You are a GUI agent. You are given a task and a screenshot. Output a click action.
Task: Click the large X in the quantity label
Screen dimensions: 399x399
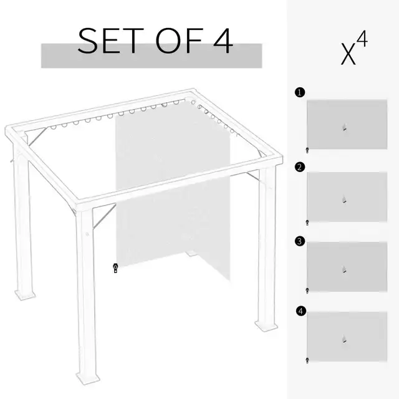click(x=349, y=54)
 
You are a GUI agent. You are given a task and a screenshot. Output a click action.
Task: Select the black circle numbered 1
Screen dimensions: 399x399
click(x=300, y=92)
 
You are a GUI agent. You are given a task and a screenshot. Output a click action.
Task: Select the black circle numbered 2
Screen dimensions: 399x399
click(x=300, y=166)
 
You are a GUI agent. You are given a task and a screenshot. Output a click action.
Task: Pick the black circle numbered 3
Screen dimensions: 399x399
click(x=300, y=239)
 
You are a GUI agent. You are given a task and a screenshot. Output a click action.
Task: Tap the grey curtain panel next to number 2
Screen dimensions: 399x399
click(x=346, y=196)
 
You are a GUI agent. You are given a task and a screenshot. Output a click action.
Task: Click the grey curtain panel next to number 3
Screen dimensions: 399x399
click(x=346, y=267)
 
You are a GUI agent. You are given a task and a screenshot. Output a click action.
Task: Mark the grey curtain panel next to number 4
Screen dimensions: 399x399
click(x=346, y=337)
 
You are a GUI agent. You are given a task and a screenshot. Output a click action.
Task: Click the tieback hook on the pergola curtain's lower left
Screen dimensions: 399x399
click(x=115, y=269)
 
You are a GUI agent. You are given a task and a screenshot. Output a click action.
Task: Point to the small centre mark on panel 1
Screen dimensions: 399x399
click(x=344, y=129)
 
